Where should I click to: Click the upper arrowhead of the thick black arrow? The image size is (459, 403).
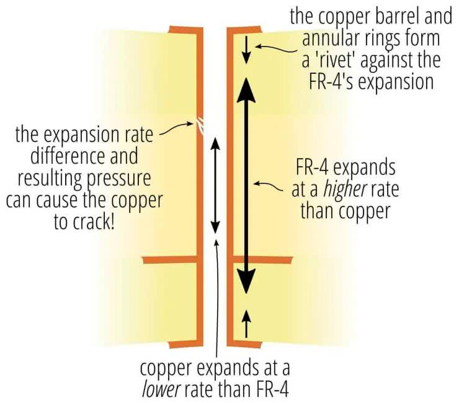247,87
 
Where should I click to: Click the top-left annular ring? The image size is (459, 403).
184,29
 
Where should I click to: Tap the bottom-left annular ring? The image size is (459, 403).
184,344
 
